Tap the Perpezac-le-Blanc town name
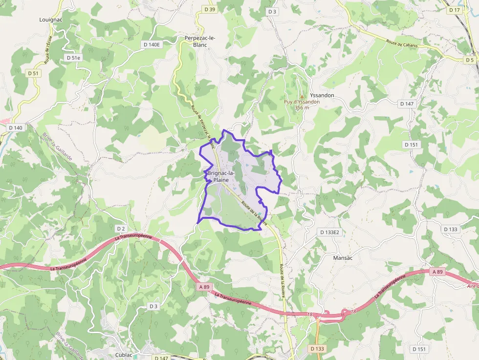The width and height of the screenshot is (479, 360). (200, 41)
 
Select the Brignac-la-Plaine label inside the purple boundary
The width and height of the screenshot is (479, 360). (221, 176)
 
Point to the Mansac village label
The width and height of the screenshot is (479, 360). (343, 257)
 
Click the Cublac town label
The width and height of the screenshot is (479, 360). (124, 355)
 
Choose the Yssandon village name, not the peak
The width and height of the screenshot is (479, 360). (322, 95)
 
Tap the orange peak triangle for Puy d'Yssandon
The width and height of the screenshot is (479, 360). (302, 96)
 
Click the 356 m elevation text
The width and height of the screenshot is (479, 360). (302, 107)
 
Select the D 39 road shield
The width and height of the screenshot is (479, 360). (210, 9)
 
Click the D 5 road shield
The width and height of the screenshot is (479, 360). (470, 60)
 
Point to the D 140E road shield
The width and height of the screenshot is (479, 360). (152, 44)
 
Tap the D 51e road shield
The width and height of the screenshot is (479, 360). (73, 58)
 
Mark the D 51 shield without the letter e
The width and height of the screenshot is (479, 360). (33, 73)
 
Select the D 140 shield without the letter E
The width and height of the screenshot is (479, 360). (16, 127)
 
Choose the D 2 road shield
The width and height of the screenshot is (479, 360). (121, 229)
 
